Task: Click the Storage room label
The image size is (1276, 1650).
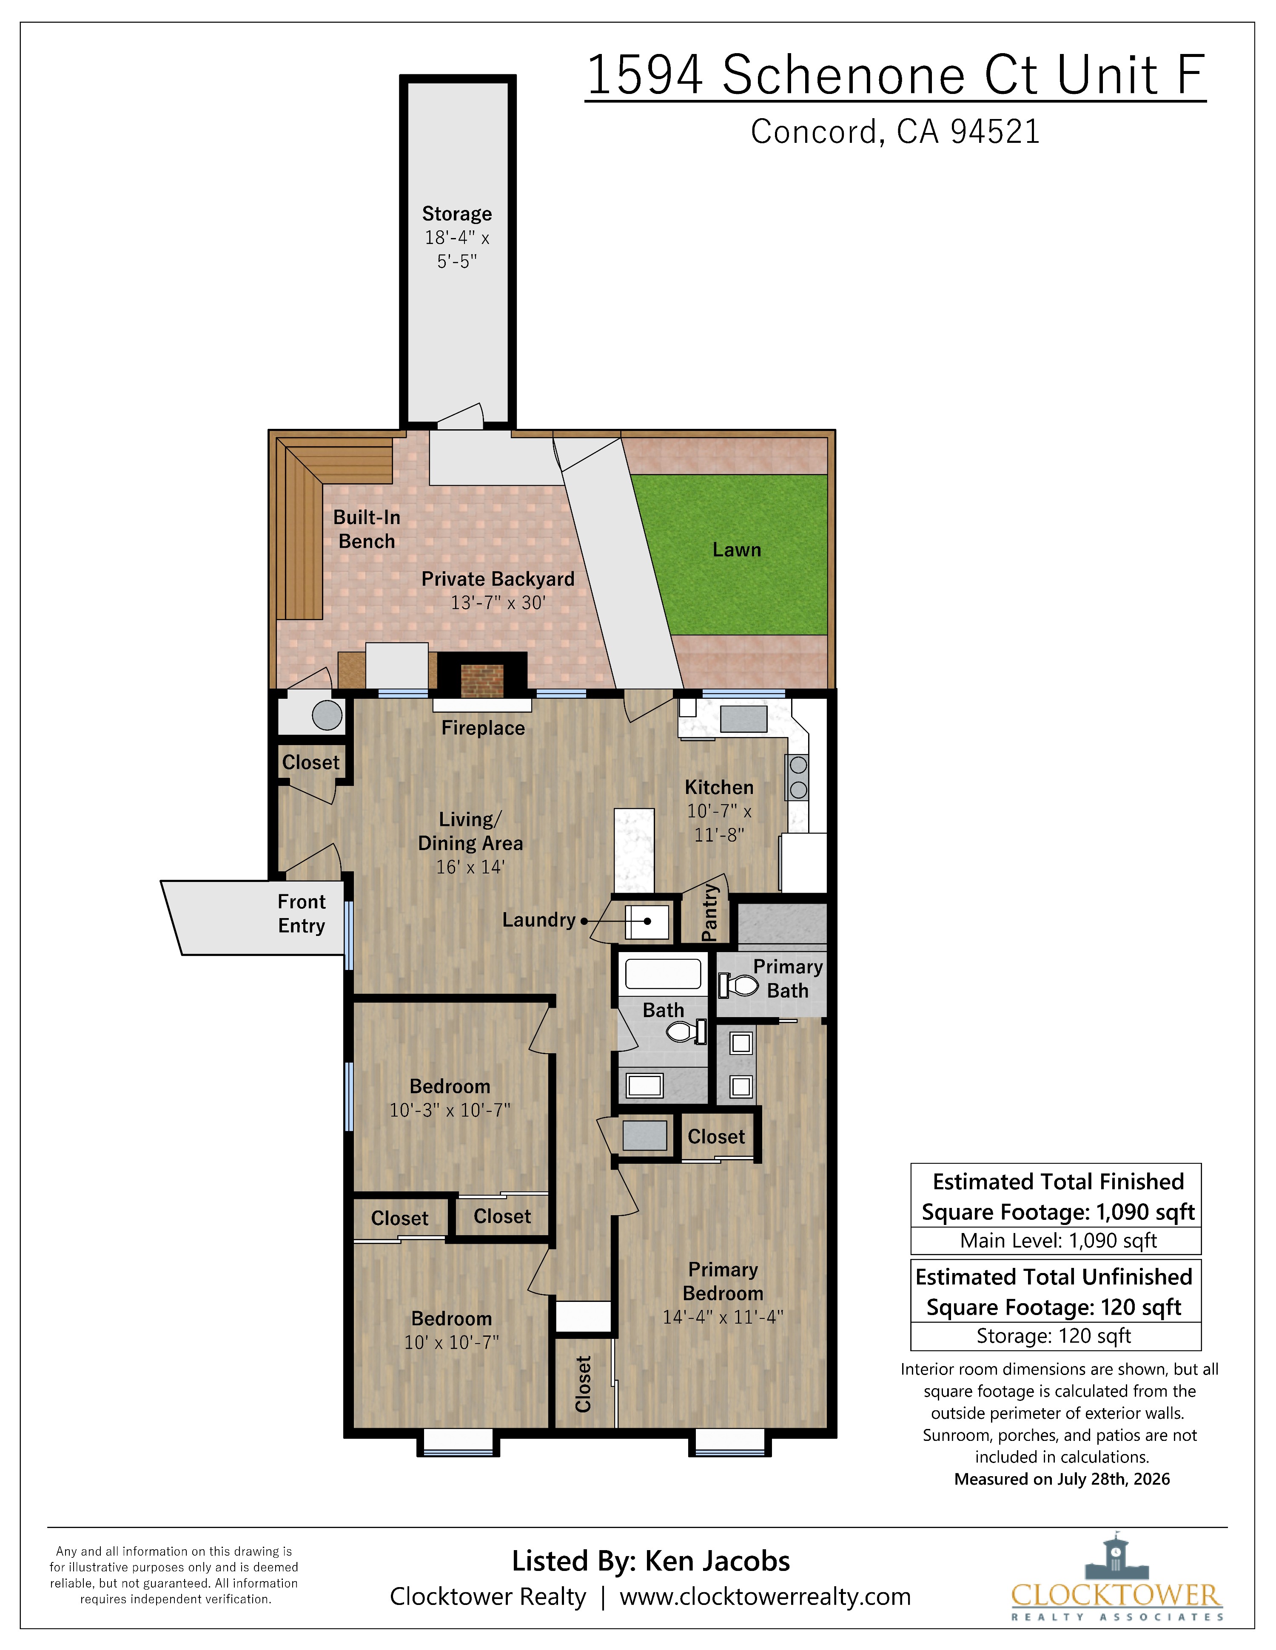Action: [x=456, y=214]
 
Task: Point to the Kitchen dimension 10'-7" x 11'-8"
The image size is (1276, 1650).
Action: [x=719, y=823]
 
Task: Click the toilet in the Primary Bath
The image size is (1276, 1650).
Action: [x=738, y=985]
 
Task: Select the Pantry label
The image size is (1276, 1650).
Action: [x=709, y=913]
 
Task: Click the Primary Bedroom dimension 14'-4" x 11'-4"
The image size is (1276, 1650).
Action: [x=723, y=1317]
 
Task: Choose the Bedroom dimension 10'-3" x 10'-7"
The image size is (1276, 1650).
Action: [x=450, y=1110]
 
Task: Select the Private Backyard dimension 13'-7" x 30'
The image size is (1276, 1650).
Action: [x=498, y=602]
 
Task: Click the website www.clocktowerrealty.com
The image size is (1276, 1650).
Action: [x=765, y=1596]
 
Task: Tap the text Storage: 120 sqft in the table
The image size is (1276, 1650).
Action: [x=1053, y=1336]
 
